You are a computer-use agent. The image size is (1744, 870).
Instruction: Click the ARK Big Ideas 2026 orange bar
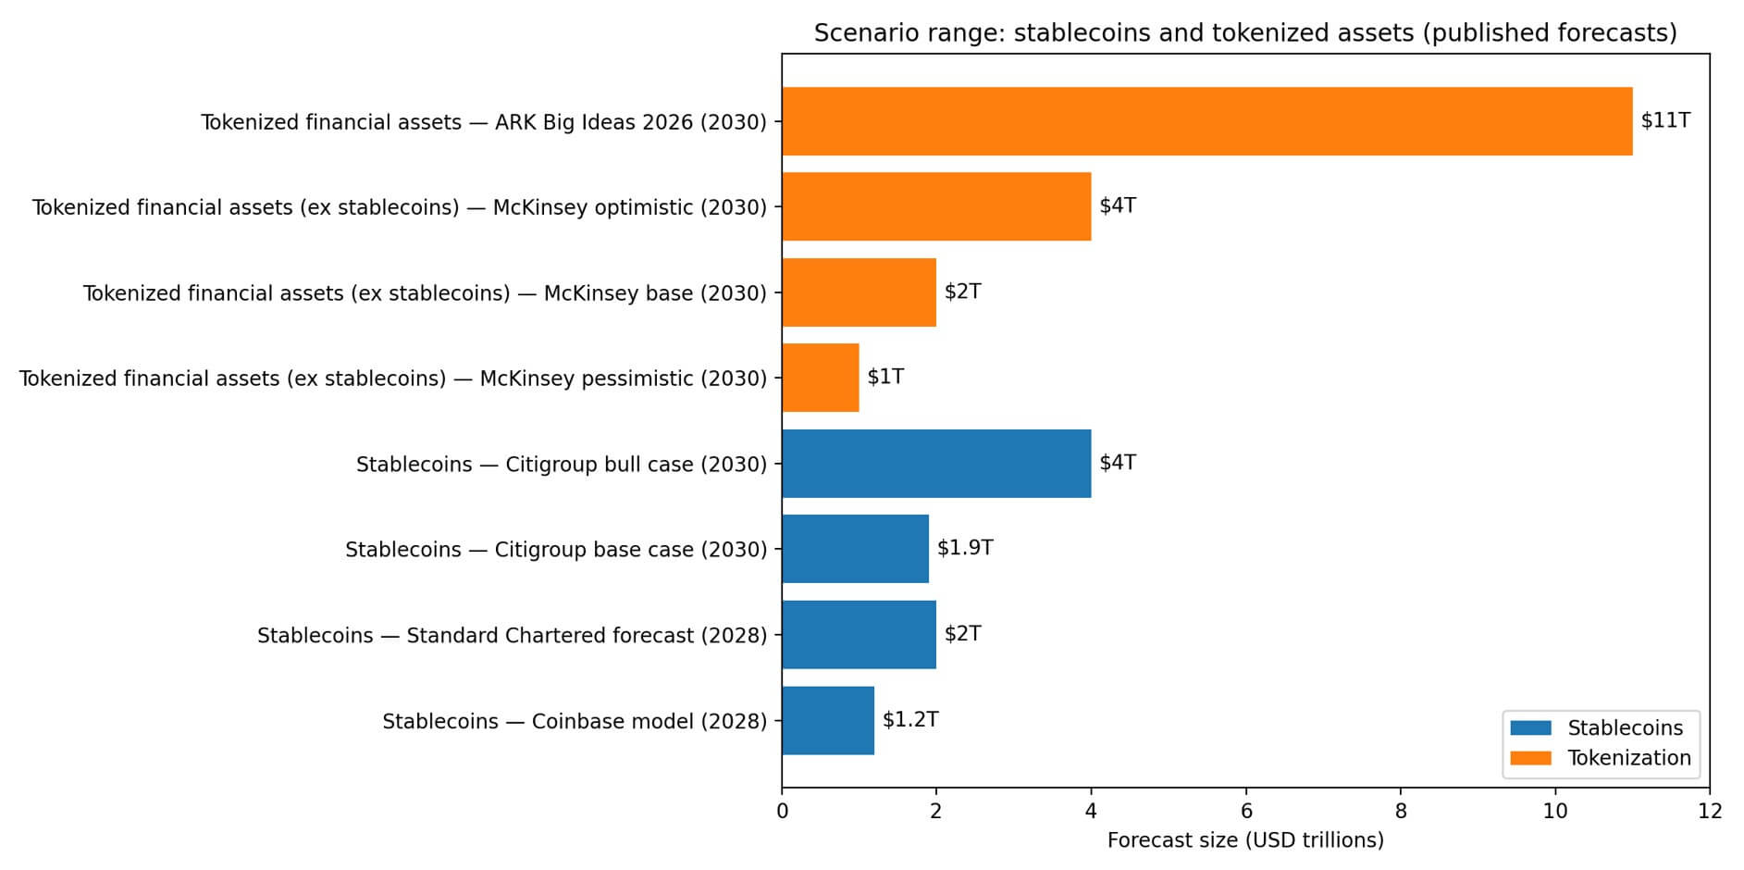click(x=1206, y=121)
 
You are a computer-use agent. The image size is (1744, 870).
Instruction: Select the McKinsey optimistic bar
click(x=936, y=206)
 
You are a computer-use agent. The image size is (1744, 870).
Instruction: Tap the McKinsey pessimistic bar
click(x=821, y=378)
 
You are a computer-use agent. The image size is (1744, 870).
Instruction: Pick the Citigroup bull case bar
click(x=936, y=464)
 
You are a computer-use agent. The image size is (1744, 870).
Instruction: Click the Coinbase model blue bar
click(x=828, y=721)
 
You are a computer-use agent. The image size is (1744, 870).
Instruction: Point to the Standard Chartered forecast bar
click(x=859, y=635)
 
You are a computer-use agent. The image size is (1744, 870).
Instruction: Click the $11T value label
click(x=1665, y=120)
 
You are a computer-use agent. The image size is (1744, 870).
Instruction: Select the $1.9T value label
click(x=965, y=548)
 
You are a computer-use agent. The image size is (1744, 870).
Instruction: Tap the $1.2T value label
click(x=910, y=720)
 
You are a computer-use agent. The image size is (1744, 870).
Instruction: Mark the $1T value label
click(x=885, y=377)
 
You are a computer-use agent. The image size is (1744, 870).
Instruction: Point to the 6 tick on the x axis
click(x=1246, y=812)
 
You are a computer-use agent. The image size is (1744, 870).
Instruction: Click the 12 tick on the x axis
click(x=1710, y=812)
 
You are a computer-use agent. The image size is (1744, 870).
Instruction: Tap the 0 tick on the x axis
click(x=783, y=812)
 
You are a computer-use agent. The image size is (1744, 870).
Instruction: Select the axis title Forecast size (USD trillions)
click(x=1245, y=840)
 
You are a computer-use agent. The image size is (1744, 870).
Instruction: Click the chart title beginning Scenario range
click(x=1245, y=33)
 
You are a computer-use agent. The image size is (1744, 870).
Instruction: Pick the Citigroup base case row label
click(x=556, y=550)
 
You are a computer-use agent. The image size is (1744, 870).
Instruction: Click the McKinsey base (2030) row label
click(x=425, y=293)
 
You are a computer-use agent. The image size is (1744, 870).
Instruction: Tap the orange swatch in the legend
click(x=1530, y=758)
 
